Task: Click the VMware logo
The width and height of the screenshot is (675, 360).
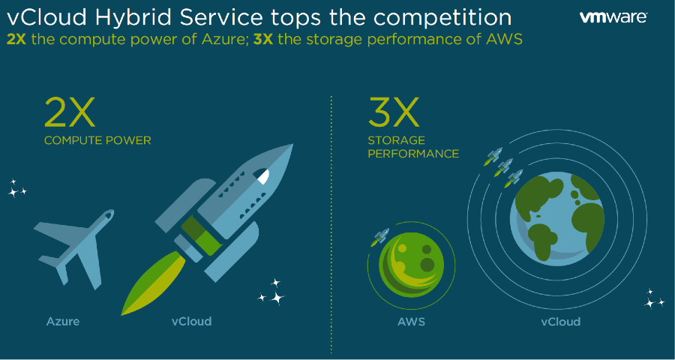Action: tap(613, 17)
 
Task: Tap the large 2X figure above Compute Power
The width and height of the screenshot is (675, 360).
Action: tap(69, 112)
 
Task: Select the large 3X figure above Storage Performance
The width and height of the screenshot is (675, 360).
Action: tap(393, 112)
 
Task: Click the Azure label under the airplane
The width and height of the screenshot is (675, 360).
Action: tap(63, 321)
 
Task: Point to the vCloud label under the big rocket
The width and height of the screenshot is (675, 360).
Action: tap(191, 321)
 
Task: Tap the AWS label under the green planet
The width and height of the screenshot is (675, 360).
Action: tap(411, 322)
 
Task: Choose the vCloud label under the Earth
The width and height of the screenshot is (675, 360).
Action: tap(560, 322)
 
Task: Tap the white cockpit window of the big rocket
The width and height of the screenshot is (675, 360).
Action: tap(263, 175)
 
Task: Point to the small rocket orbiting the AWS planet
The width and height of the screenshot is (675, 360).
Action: tap(379, 236)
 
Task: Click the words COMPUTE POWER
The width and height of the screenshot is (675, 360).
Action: tap(97, 140)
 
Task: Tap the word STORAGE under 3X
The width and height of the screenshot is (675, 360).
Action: tap(397, 140)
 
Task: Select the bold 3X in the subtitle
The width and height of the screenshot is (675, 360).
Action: tap(263, 40)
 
